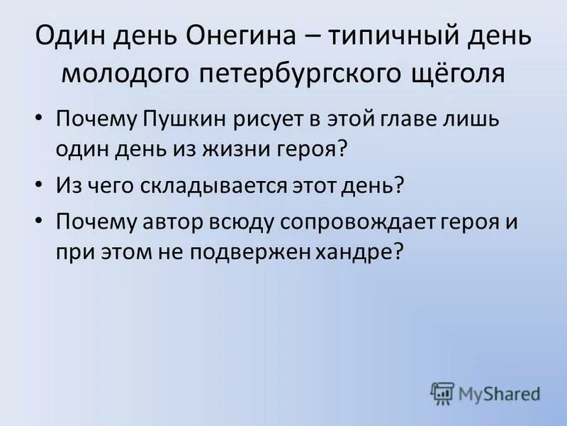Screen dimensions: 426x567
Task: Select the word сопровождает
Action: point(352,222)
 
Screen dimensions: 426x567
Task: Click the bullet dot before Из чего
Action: point(40,185)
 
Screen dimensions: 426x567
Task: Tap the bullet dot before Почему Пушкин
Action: point(40,118)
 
